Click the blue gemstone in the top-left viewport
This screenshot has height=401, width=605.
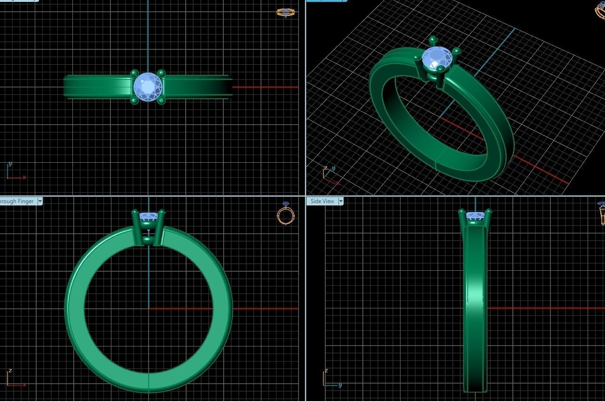pyautogui.click(x=148, y=86)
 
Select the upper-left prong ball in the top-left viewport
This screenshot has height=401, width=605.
pyautogui.click(x=134, y=74)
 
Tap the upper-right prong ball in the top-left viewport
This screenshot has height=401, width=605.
pyautogui.click(x=161, y=73)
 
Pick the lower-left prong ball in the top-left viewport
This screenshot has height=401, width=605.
pyautogui.click(x=134, y=100)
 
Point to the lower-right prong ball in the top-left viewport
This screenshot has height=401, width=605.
pyautogui.click(x=161, y=100)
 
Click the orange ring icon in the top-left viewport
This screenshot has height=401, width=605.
pyautogui.click(x=285, y=12)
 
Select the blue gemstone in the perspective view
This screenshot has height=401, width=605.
pyautogui.click(x=437, y=58)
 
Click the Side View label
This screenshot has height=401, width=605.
pyautogui.click(x=322, y=201)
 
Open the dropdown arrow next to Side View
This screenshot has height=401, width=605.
pyautogui.click(x=340, y=201)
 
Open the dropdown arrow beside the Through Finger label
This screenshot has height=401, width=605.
pyautogui.click(x=40, y=201)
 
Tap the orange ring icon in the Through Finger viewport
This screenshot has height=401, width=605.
pyautogui.click(x=286, y=214)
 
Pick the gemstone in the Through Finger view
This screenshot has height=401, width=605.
pyautogui.click(x=148, y=216)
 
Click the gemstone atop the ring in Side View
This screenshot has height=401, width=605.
pyautogui.click(x=475, y=216)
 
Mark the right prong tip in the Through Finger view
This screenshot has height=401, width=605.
pyautogui.click(x=162, y=212)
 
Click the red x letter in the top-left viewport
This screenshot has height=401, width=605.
pyautogui.click(x=24, y=178)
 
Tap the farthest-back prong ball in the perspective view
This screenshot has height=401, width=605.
pyautogui.click(x=432, y=39)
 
